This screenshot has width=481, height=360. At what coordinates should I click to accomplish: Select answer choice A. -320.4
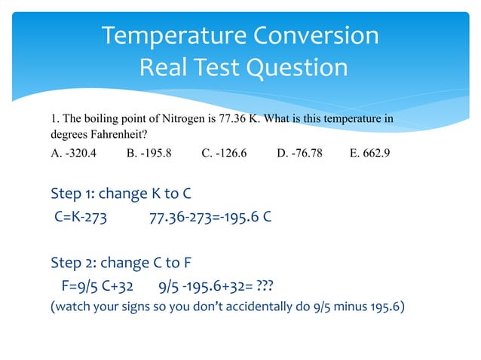[73, 154]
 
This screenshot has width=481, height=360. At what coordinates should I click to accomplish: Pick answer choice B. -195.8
[149, 154]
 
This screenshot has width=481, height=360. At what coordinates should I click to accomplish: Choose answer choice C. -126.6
[224, 154]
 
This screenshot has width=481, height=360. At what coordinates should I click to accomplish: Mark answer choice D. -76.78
[300, 154]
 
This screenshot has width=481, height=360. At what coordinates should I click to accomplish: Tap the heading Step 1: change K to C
[115, 194]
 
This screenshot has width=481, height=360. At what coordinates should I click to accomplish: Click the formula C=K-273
[80, 219]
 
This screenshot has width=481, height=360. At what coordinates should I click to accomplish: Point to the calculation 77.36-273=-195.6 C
[211, 219]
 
